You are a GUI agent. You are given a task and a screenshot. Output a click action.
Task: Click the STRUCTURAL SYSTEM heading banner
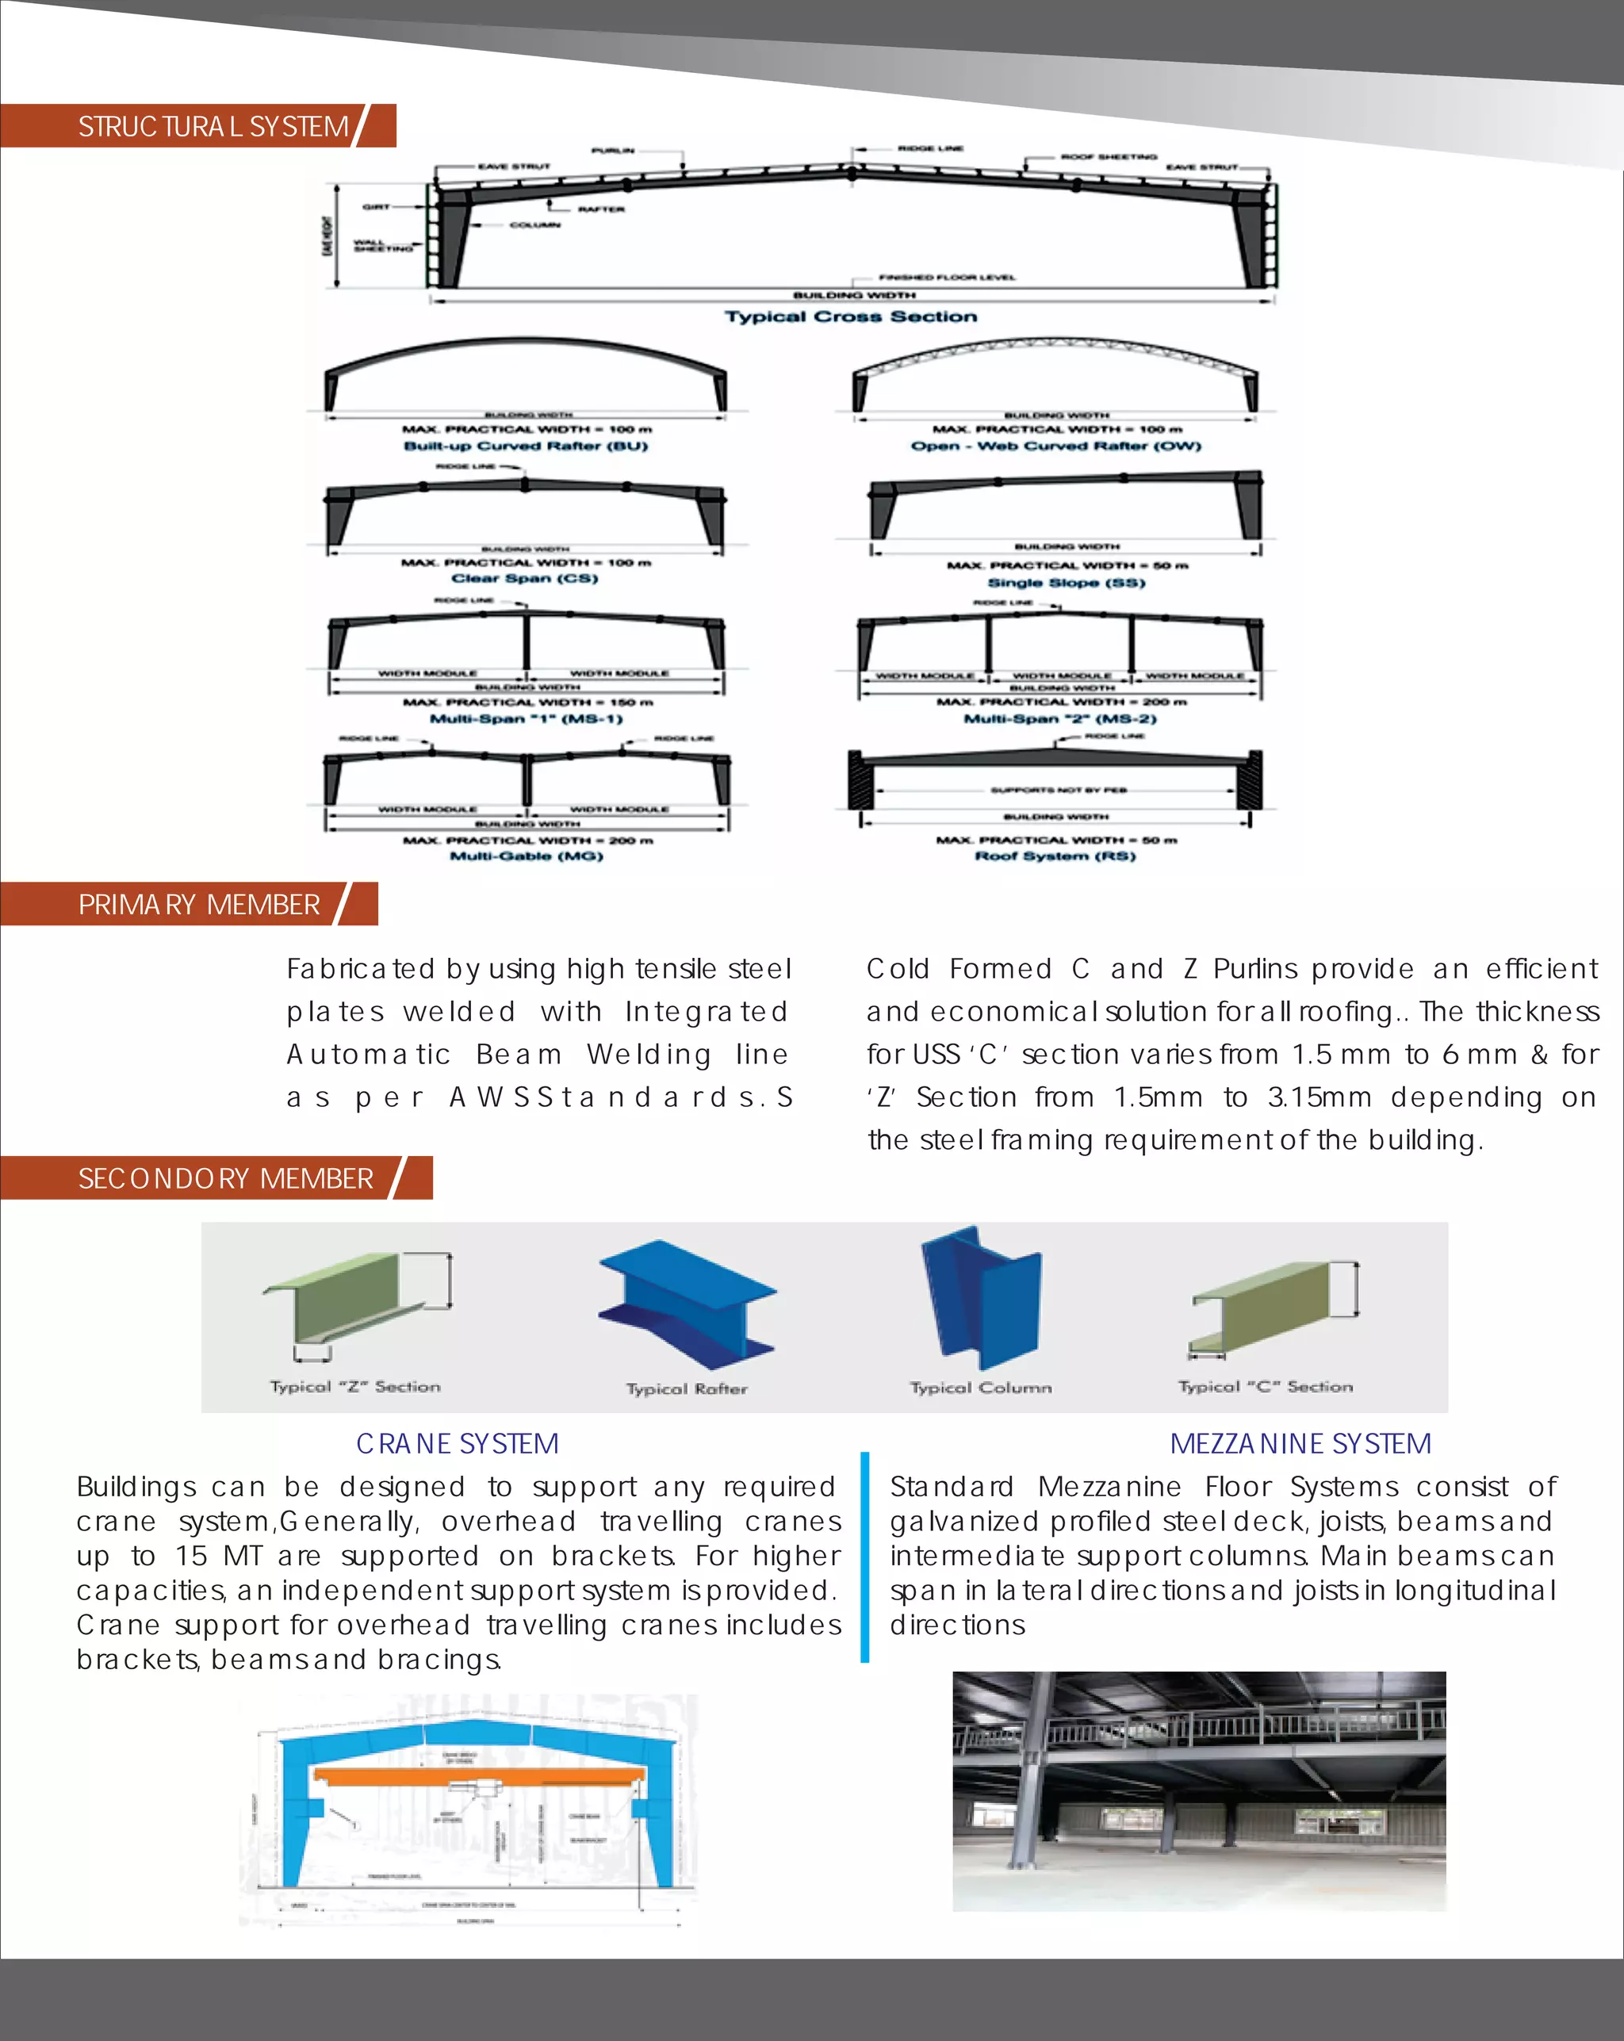[213, 126]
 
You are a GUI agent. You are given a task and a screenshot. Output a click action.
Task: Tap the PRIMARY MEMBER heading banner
[199, 904]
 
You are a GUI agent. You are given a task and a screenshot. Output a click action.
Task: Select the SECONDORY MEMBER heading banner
[225, 1177]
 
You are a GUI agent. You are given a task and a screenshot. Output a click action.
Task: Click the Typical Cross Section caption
[850, 316]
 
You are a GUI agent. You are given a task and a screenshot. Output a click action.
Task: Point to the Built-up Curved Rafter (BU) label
[526, 446]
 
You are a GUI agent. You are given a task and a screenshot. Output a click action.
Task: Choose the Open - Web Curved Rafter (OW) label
[1055, 446]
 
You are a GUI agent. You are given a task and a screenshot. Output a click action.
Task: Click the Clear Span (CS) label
[525, 578]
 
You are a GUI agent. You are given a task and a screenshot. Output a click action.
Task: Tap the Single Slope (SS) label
[1067, 582]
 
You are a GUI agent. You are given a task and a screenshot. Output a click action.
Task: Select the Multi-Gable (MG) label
[527, 856]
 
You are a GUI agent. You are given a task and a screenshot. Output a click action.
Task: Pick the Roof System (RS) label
[1055, 856]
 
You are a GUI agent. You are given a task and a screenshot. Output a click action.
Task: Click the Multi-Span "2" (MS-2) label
[1059, 718]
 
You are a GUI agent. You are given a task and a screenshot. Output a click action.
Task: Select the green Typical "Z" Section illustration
[355, 1302]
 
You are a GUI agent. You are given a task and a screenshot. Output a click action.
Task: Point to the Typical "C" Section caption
[1265, 1387]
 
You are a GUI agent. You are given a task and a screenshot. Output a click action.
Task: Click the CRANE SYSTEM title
[458, 1444]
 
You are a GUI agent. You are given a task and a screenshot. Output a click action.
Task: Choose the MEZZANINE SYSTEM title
[1300, 1444]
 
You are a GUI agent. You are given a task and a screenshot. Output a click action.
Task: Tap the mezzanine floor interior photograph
[1199, 1791]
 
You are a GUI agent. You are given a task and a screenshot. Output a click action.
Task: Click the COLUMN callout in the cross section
[535, 225]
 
